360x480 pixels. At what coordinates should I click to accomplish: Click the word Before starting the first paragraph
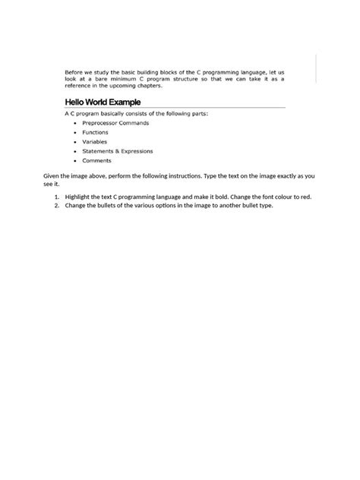(x=74, y=71)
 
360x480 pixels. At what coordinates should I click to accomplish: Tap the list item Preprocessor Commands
(x=115, y=122)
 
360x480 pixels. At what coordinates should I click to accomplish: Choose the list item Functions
(x=96, y=132)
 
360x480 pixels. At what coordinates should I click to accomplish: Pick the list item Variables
(x=94, y=141)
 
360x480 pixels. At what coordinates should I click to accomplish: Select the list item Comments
(x=96, y=160)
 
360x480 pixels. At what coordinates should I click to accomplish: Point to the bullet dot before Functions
(x=74, y=132)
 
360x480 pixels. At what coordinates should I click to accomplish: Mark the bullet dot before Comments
(x=74, y=160)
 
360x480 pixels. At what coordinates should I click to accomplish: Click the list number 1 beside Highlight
(x=56, y=197)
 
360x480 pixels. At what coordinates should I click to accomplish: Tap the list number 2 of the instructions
(x=56, y=205)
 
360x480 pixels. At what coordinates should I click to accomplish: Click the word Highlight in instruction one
(x=78, y=197)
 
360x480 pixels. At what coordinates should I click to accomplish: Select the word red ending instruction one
(x=305, y=197)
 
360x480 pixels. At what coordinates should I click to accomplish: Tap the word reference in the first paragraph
(x=78, y=86)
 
